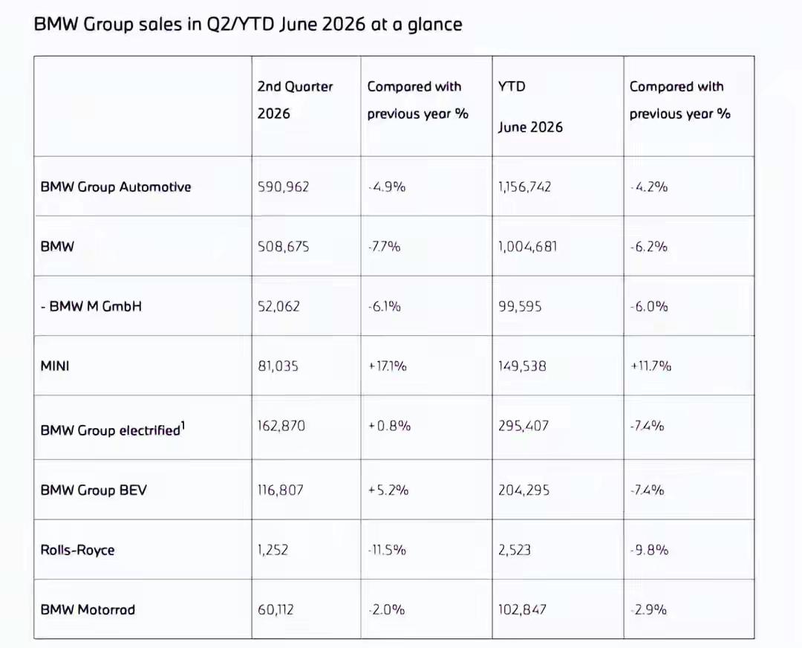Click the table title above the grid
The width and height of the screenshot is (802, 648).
pyautogui.click(x=248, y=25)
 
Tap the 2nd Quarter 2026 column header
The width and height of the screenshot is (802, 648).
pyautogui.click(x=295, y=100)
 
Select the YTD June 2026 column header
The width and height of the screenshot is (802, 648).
pyautogui.click(x=530, y=106)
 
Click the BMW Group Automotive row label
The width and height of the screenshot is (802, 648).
pyautogui.click(x=116, y=187)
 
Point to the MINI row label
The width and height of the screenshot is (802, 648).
pyautogui.click(x=55, y=366)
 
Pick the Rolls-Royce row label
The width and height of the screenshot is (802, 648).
pyautogui.click(x=77, y=550)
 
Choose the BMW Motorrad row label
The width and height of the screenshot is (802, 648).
pyautogui.click(x=88, y=609)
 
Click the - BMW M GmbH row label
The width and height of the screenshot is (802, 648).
pyautogui.click(x=91, y=306)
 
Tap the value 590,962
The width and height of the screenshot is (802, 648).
pyautogui.click(x=284, y=187)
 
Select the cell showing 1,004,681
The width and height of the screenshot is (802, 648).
pyautogui.click(x=528, y=247)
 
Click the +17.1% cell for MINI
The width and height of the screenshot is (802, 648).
pyautogui.click(x=387, y=366)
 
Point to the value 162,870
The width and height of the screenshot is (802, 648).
pyautogui.click(x=281, y=426)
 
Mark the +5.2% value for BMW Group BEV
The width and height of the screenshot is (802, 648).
pyautogui.click(x=388, y=490)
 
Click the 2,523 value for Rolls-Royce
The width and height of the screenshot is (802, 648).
pyautogui.click(x=515, y=550)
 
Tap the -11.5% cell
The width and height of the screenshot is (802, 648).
pyautogui.click(x=387, y=550)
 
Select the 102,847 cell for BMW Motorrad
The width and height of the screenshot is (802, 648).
pyautogui.click(x=522, y=609)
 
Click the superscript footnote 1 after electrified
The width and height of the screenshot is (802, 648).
pyautogui.click(x=183, y=426)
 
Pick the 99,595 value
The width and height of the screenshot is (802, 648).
pyautogui.click(x=520, y=306)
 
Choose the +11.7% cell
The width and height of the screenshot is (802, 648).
pyautogui.click(x=651, y=366)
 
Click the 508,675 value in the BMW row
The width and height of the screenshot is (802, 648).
pyautogui.click(x=284, y=247)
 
